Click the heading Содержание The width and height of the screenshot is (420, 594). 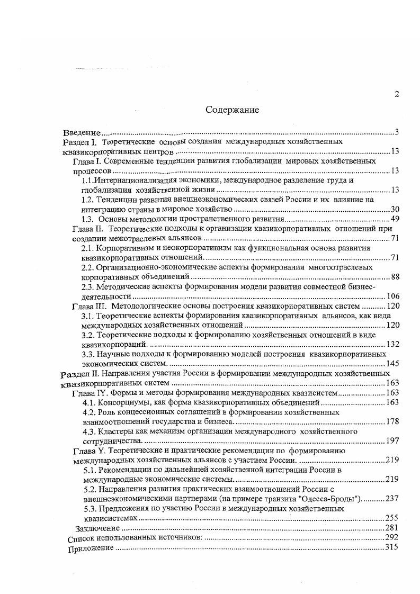click(232, 110)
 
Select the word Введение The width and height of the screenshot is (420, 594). click(82, 132)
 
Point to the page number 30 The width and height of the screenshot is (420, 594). click(395, 209)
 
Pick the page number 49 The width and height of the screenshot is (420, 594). click(395, 219)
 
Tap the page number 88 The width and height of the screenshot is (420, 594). click(395, 277)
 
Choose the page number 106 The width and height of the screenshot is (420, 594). click(392, 296)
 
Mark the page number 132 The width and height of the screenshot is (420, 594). click(392, 345)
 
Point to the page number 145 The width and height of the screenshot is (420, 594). click(392, 364)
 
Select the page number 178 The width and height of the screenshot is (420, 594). click(392, 421)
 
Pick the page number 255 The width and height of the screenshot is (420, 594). click(392, 518)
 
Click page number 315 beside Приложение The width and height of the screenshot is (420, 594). click(392, 547)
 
